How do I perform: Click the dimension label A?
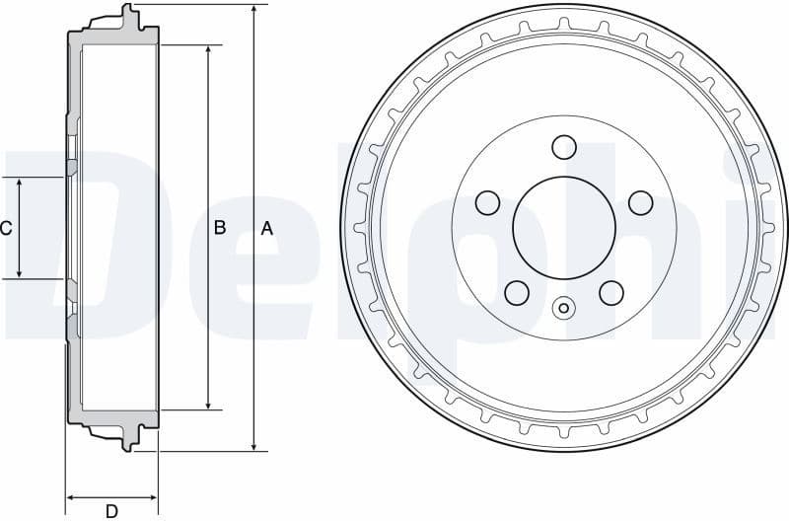pyautogui.click(x=266, y=228)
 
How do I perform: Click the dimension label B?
pyautogui.click(x=220, y=228)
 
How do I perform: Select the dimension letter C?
pyautogui.click(x=6, y=228)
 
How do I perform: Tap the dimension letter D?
pyautogui.click(x=111, y=510)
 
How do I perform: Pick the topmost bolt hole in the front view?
pyautogui.click(x=563, y=147)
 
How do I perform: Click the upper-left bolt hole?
pyautogui.click(x=487, y=203)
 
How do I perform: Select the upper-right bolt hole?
pyautogui.click(x=640, y=203)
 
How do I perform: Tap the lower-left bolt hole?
pyautogui.click(x=516, y=292)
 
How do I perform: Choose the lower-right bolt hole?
pyautogui.click(x=611, y=292)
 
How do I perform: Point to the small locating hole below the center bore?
pyautogui.click(x=563, y=308)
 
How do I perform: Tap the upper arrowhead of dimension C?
pyautogui.click(x=20, y=184)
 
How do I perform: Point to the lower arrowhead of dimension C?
pyautogui.click(x=20, y=273)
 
